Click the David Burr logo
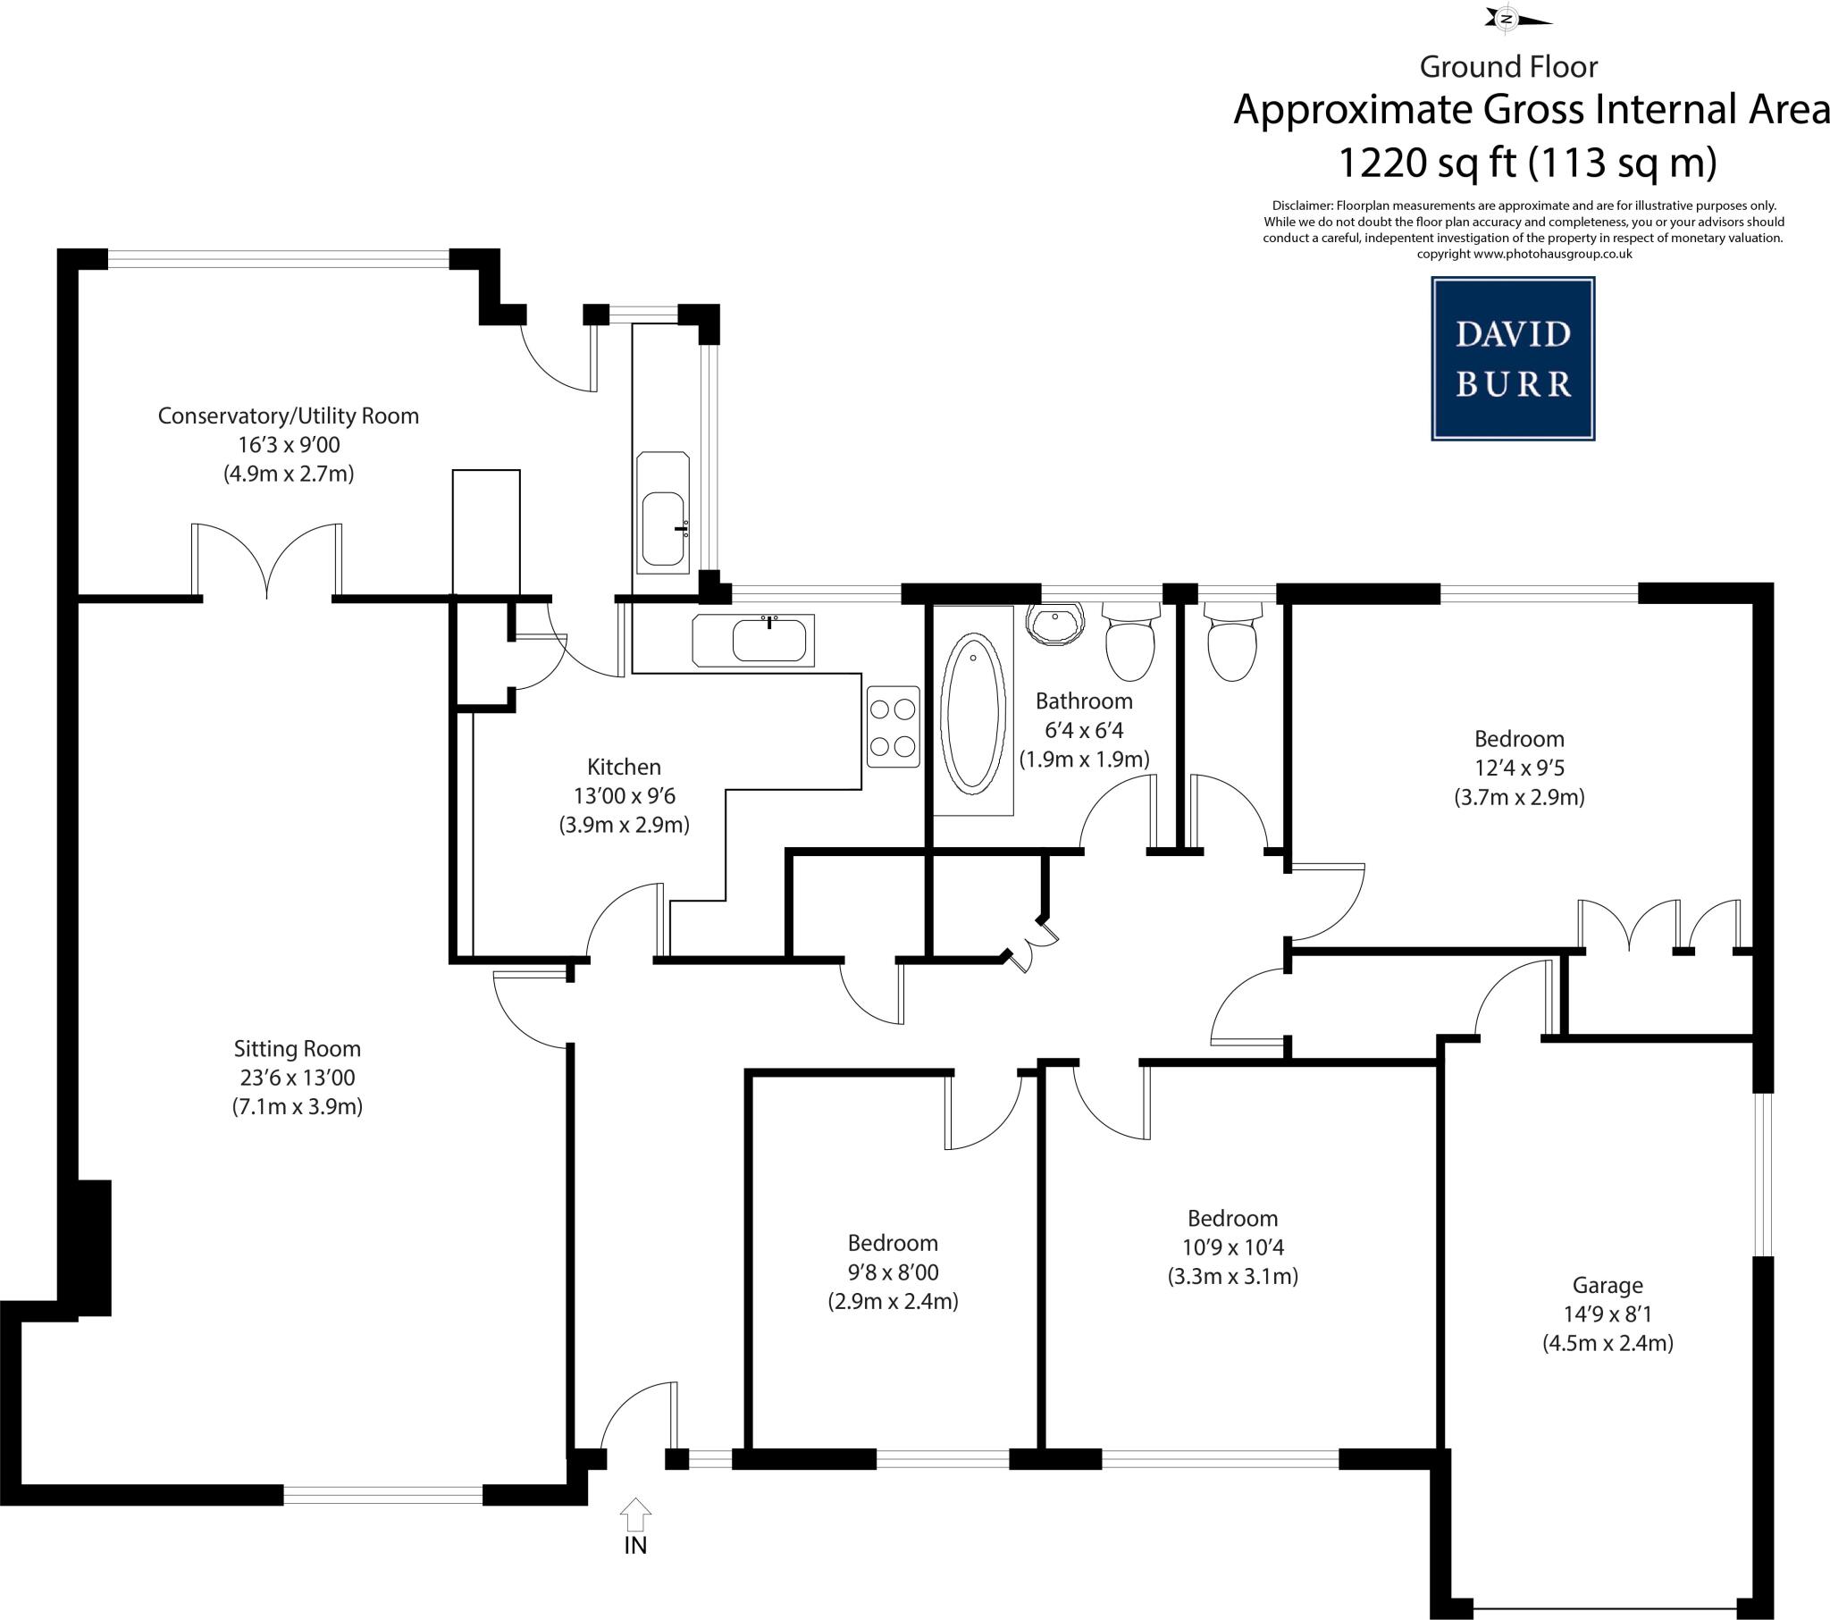click(1512, 358)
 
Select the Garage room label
click(1608, 1285)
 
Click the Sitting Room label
click(298, 1049)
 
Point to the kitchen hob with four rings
click(893, 727)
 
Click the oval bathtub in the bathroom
click(972, 714)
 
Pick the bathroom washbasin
click(1056, 622)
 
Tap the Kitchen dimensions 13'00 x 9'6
click(624, 795)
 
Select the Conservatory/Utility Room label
click(289, 415)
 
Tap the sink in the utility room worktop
click(662, 528)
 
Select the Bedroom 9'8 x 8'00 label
click(893, 1243)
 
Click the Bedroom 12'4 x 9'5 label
click(1519, 739)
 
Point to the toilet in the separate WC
click(1233, 643)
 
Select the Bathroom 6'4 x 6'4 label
click(1083, 701)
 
